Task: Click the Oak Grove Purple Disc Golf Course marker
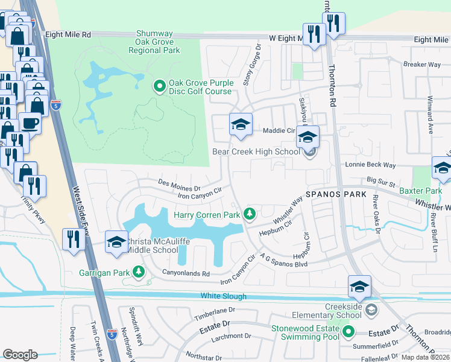(x=160, y=87)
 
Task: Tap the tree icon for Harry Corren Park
(x=249, y=214)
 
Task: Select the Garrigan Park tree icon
(x=139, y=273)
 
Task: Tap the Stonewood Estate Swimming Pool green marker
(x=347, y=331)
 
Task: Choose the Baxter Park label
(x=420, y=191)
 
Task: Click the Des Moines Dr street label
(x=178, y=183)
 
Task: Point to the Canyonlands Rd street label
(x=186, y=273)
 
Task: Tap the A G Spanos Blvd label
(x=286, y=260)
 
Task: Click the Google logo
(x=20, y=355)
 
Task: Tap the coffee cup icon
(x=30, y=122)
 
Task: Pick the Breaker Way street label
(x=422, y=64)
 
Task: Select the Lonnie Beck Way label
(x=370, y=165)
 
